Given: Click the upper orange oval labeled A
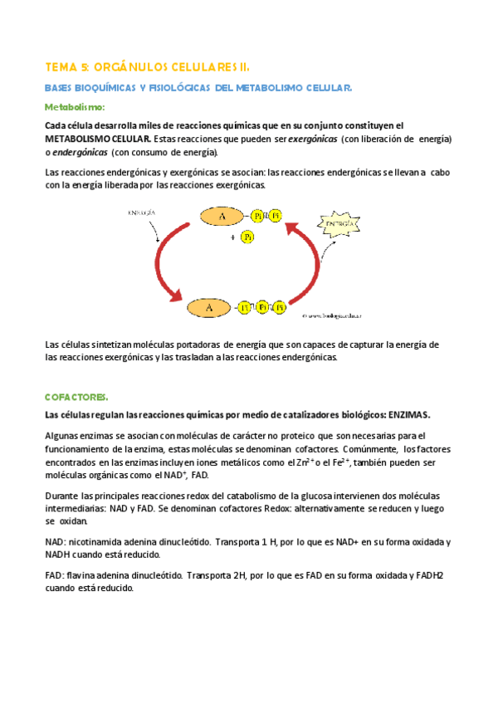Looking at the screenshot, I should (x=222, y=217).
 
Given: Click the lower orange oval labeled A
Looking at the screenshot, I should (x=210, y=308).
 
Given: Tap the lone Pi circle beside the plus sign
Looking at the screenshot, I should (x=247, y=238).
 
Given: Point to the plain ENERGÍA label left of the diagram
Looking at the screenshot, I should (x=142, y=213).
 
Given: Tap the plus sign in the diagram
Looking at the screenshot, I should (x=232, y=237).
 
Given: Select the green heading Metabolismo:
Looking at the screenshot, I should (x=75, y=107).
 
